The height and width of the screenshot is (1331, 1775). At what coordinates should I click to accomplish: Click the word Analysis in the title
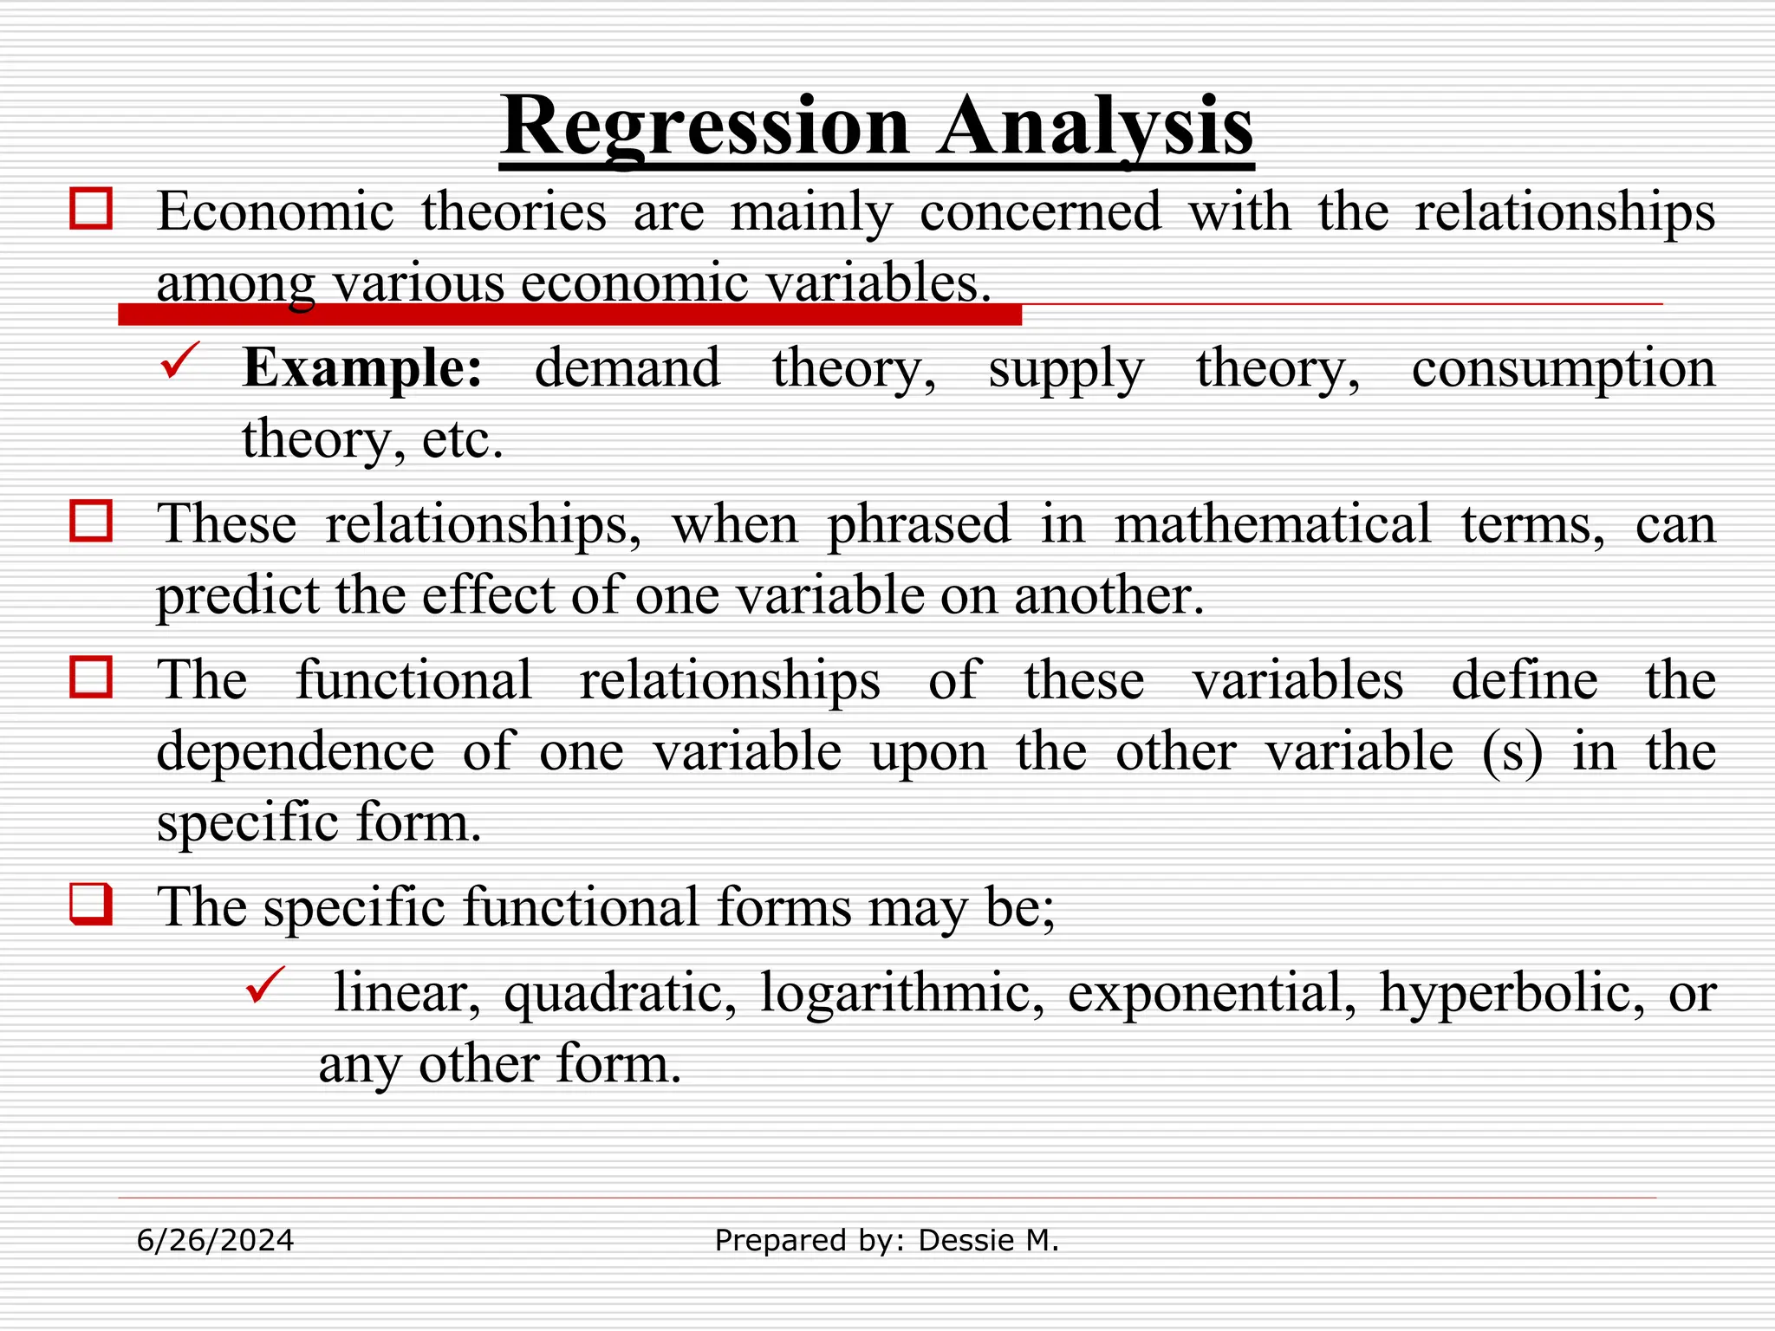click(x=1096, y=127)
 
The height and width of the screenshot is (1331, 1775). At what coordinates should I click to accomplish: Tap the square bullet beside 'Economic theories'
click(x=91, y=209)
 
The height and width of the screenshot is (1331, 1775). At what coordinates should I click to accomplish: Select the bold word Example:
click(x=362, y=368)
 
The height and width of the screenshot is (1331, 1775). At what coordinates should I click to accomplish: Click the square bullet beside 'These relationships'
click(x=91, y=522)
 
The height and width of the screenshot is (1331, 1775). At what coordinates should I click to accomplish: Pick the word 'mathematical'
click(x=1272, y=524)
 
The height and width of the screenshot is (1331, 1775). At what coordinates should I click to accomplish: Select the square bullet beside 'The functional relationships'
click(x=91, y=678)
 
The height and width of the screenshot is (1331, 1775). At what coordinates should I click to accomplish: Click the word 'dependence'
click(x=295, y=751)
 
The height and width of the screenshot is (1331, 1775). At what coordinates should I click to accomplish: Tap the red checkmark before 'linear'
click(x=265, y=986)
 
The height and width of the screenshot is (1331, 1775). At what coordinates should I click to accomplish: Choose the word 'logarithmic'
click(x=902, y=993)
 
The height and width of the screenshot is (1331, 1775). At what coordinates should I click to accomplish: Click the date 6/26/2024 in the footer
click(x=216, y=1241)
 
